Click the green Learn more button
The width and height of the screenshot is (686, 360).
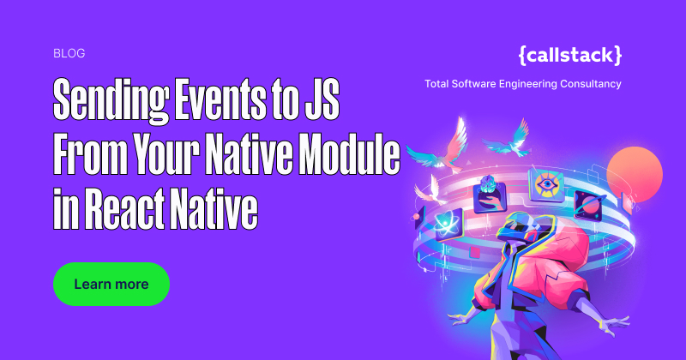(x=111, y=284)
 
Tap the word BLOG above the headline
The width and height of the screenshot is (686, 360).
(x=69, y=53)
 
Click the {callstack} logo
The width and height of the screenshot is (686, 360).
(x=570, y=55)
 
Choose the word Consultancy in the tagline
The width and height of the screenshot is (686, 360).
(x=589, y=84)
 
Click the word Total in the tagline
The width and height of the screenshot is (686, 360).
(x=439, y=84)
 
